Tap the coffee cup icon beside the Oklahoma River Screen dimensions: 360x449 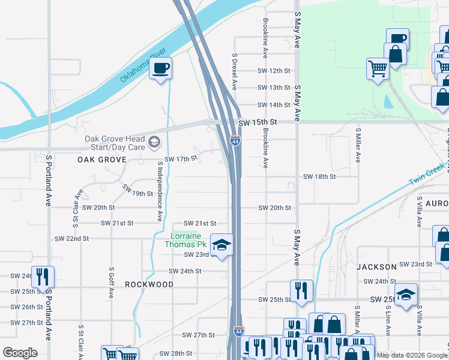[x=160, y=68]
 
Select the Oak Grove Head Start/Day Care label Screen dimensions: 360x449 [x=115, y=143]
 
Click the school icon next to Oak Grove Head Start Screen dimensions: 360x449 [x=154, y=142]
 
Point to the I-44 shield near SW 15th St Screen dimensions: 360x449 [x=235, y=141]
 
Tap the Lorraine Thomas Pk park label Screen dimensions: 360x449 [x=185, y=240]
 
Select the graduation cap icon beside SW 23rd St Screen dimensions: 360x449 [x=221, y=245]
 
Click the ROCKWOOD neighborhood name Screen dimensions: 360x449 [x=149, y=284]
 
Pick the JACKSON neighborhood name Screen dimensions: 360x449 [x=376, y=266]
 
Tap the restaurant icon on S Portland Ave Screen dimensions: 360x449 [x=43, y=277]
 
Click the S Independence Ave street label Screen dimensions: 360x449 [x=160, y=191]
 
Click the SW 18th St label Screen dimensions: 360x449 [x=319, y=177]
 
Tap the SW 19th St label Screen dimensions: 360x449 [x=137, y=190]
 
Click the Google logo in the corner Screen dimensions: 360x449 [x=20, y=352]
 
